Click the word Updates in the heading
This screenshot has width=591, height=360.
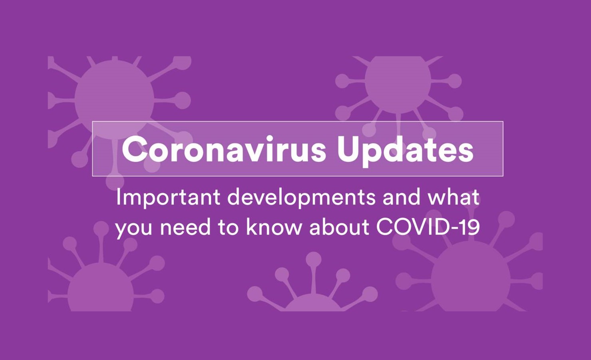[x=406, y=151]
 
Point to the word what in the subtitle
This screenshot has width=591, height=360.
[x=453, y=197]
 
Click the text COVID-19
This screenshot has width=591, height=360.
[x=428, y=227]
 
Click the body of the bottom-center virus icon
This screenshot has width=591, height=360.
[x=312, y=303]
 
